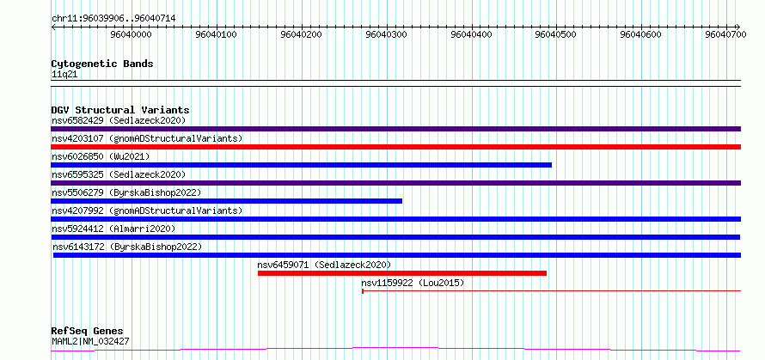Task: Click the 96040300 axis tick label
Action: [387, 34]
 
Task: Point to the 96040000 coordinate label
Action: [132, 34]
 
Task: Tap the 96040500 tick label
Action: [556, 34]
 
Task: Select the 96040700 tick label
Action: [727, 34]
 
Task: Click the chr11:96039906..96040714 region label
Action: [113, 19]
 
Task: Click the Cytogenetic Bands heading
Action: [102, 64]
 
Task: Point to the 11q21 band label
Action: [64, 75]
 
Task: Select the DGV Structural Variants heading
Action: [120, 110]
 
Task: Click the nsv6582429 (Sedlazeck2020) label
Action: [119, 120]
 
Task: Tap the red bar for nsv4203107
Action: [395, 147]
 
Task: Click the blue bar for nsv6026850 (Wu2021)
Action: [301, 165]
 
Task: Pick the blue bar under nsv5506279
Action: [226, 201]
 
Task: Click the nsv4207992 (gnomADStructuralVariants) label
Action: [147, 211]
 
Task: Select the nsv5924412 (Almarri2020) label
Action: [113, 229]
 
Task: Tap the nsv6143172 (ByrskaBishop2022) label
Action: [127, 247]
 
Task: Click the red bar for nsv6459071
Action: [402, 273]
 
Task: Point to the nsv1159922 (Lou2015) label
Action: [413, 283]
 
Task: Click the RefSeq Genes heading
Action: [88, 332]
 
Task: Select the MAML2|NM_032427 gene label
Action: [90, 341]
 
